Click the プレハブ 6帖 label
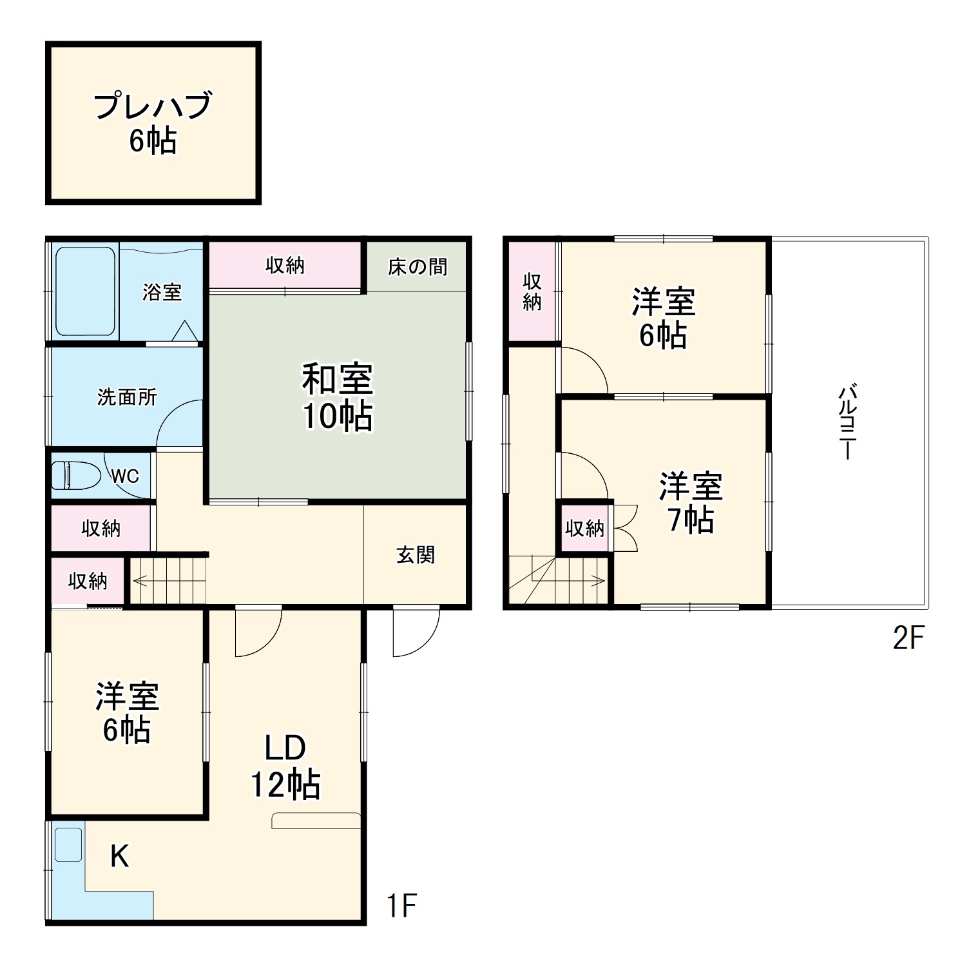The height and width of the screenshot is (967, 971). (153, 122)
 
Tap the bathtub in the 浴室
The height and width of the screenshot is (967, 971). (85, 291)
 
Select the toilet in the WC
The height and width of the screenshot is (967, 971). (75, 476)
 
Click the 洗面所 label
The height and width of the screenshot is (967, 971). (127, 397)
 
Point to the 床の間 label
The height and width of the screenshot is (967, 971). (417, 266)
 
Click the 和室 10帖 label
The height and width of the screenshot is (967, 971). (338, 397)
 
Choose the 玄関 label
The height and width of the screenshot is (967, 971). (416, 554)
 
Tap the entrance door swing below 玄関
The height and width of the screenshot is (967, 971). (416, 632)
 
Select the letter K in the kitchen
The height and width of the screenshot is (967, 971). (120, 856)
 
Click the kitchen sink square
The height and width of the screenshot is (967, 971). (68, 845)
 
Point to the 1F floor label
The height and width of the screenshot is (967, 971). (401, 905)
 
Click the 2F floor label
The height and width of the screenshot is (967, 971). (909, 638)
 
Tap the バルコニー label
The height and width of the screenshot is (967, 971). (848, 422)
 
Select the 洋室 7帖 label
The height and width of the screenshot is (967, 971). (691, 503)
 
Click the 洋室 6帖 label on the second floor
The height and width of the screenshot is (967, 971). (663, 318)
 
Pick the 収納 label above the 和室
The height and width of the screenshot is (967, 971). (285, 265)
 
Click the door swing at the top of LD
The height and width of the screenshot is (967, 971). (258, 632)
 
